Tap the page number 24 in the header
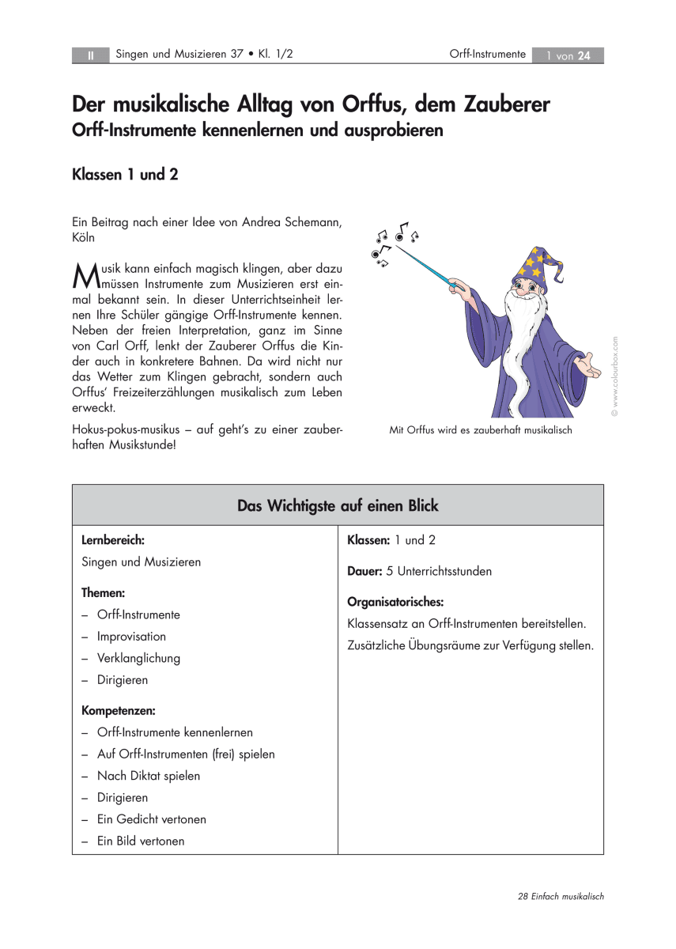(x=584, y=55)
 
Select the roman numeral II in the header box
(x=91, y=55)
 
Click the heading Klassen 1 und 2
(x=125, y=175)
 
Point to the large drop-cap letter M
(x=85, y=274)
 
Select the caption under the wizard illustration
(x=480, y=430)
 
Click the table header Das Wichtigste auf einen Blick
(x=338, y=505)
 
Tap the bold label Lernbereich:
(x=113, y=541)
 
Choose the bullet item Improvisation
(x=131, y=637)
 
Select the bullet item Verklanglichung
(x=138, y=658)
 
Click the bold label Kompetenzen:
(x=119, y=711)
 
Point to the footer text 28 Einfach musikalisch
(x=561, y=896)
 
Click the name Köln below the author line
(x=84, y=237)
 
